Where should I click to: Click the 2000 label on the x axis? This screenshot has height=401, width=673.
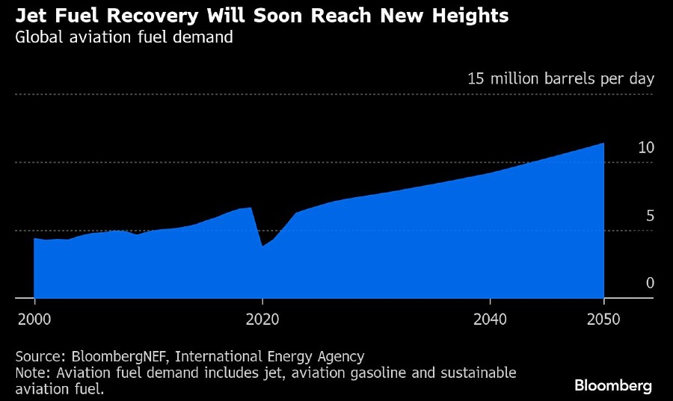[x=34, y=320]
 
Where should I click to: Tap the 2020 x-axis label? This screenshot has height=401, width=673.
[x=262, y=320]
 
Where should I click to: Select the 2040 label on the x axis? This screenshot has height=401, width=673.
[x=490, y=320]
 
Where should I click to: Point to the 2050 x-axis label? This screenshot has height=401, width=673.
[x=603, y=320]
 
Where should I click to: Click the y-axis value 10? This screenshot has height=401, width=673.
[x=646, y=148]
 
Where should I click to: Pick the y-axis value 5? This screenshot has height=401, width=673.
[x=650, y=216]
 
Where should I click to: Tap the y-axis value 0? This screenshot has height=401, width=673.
[x=650, y=283]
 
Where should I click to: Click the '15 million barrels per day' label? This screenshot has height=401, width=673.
[x=560, y=78]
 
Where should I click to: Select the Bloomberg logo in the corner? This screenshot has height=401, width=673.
[x=612, y=385]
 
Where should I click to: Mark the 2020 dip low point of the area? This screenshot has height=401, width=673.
[x=262, y=246]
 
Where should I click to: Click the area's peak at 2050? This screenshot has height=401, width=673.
[x=603, y=143]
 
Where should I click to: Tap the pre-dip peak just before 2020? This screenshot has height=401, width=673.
[x=250, y=208]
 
